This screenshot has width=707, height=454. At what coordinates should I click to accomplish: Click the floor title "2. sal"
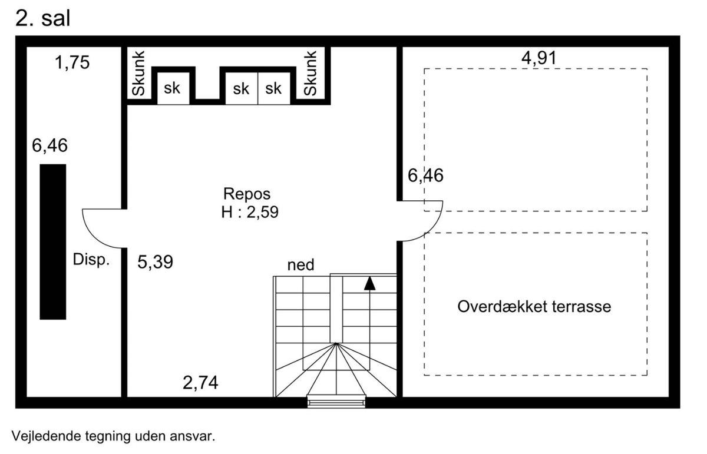(x=42, y=18)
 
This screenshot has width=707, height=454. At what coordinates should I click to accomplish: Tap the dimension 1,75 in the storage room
(x=72, y=62)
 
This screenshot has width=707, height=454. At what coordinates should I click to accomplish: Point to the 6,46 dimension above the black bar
(x=50, y=145)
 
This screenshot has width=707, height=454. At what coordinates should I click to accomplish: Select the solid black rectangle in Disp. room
(x=53, y=241)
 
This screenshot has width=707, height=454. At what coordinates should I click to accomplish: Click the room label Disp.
(x=91, y=260)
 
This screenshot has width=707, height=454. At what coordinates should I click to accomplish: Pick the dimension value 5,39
(x=156, y=262)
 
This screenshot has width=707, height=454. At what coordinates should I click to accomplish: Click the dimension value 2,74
(x=200, y=383)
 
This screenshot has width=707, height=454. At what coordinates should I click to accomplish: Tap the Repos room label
(x=247, y=194)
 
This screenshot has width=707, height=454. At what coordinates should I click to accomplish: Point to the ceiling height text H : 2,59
(x=250, y=212)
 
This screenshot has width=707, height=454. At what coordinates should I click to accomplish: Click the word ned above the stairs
(x=301, y=265)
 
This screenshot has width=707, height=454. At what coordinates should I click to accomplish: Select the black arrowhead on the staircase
(x=369, y=283)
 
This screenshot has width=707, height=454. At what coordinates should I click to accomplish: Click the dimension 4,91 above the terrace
(x=538, y=58)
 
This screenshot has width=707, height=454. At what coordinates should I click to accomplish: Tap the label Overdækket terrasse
(x=534, y=306)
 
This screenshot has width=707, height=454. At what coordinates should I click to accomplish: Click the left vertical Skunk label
(x=138, y=74)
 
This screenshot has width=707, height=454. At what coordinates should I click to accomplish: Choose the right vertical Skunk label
(x=310, y=74)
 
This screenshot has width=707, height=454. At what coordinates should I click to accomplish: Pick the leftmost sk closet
(x=172, y=88)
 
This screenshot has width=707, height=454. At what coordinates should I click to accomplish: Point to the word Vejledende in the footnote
(x=47, y=436)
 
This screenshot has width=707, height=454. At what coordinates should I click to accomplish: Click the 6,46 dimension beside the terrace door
(x=425, y=175)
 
